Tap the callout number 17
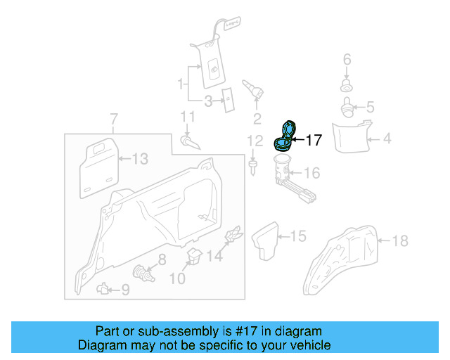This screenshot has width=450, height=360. pyautogui.click(x=313, y=141)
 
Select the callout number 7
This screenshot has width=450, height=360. pyautogui.click(x=115, y=118)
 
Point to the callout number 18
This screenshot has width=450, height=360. pyautogui.click(x=399, y=241)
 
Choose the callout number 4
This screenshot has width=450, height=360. pyautogui.click(x=387, y=139)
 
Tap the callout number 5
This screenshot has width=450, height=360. pyautogui.click(x=371, y=108)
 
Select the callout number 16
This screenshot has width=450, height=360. pyautogui.click(x=311, y=173)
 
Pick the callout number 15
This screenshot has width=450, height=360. pyautogui.click(x=298, y=236)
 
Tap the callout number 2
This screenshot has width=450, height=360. pyautogui.click(x=257, y=117)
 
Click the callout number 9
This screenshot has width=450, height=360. pyautogui.click(x=125, y=288)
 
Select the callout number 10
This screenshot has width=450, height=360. pyautogui.click(x=177, y=279)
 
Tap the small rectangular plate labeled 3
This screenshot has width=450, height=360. pyautogui.click(x=228, y=100)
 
